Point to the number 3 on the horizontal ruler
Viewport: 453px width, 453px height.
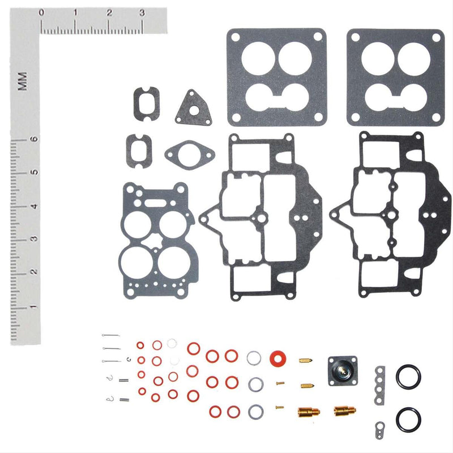click(142, 13)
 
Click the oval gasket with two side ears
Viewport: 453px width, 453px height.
click(190, 153)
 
